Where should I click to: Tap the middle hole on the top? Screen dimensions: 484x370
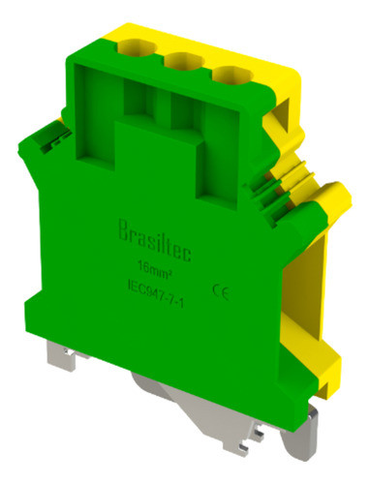(180, 65)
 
